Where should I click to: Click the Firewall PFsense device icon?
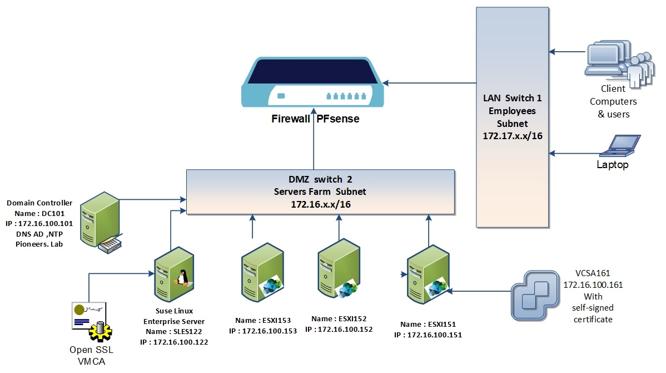coord(312,82)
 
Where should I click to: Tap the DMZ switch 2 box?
coord(321,193)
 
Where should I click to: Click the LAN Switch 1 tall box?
coord(512,116)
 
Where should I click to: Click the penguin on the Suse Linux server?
coord(181,276)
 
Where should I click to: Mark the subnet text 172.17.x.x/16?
coord(512,134)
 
